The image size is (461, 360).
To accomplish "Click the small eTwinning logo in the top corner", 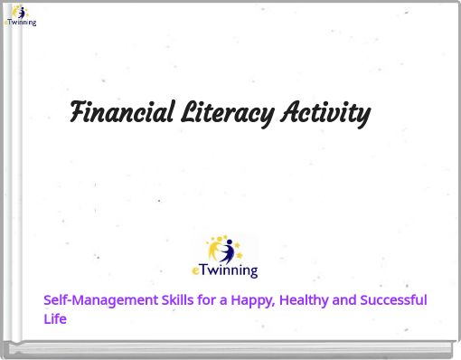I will click(19, 15).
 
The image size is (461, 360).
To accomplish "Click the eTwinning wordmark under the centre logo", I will click(225, 270).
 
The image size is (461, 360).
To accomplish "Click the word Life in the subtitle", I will click(55, 318).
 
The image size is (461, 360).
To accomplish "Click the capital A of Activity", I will click(289, 113).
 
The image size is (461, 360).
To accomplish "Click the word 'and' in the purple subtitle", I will click(344, 300).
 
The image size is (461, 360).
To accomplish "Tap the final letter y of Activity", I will click(362, 116).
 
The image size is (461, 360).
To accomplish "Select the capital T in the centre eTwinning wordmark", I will click(202, 270).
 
